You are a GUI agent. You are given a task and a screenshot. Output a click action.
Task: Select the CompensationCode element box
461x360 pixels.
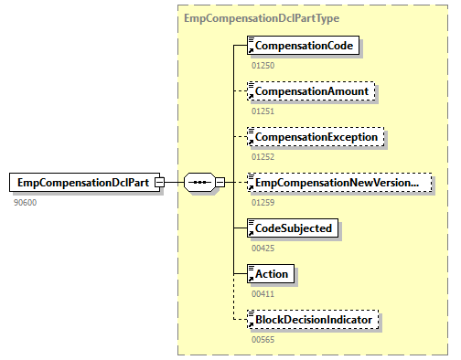306,45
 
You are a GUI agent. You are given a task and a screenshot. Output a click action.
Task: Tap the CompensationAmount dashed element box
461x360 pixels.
311,91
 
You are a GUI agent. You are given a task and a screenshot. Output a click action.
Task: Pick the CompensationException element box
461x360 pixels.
316,137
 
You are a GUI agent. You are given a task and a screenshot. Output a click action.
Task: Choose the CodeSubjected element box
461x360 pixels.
293,228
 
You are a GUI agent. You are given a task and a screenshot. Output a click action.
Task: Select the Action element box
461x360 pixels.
272,273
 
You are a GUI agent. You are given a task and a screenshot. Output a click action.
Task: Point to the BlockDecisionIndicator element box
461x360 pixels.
314,319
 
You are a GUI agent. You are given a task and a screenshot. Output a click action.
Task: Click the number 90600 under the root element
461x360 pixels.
25,202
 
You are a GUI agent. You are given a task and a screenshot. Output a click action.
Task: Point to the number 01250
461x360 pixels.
263,65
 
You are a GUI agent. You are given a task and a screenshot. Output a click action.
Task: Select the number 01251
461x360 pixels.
263,111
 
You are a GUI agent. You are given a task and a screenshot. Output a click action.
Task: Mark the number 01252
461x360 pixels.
263,156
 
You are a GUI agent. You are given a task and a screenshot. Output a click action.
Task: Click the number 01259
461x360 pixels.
263,202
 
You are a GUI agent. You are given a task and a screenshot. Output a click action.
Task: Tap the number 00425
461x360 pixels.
263,247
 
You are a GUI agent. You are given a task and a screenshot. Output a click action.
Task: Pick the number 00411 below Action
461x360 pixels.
263,292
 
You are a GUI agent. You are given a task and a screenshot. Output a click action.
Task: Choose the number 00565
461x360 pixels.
263,338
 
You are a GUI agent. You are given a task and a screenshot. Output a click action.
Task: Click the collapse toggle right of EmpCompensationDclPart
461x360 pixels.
159,183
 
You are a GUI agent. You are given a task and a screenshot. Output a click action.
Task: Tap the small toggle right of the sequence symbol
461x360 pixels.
219,183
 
